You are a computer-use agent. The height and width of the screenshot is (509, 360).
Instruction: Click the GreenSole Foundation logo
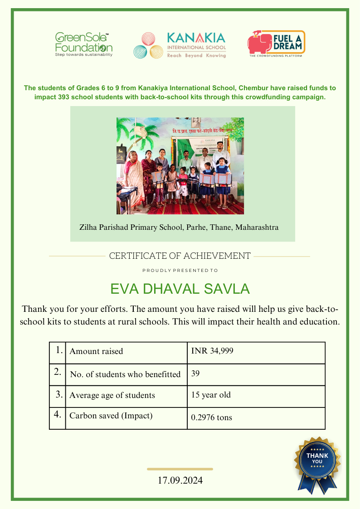(83, 44)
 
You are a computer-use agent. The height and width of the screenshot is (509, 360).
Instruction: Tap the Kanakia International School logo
(180, 45)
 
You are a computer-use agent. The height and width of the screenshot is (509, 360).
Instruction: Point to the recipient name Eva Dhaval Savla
(180, 289)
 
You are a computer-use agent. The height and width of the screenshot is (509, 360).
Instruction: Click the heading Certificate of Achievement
(180, 256)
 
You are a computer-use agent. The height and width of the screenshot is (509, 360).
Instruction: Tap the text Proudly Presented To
(180, 271)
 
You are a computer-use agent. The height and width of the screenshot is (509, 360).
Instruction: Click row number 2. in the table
(58, 372)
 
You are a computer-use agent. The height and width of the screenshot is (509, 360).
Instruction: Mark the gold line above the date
(180, 469)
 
